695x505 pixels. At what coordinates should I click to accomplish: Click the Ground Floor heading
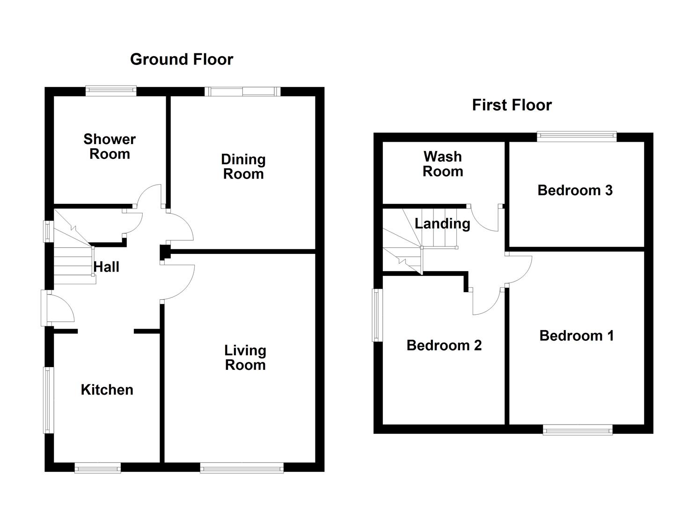tap(182, 59)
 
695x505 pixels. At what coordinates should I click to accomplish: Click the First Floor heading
tap(512, 105)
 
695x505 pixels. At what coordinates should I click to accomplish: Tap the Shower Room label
tap(110, 146)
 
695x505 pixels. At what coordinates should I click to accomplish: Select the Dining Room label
tap(243, 166)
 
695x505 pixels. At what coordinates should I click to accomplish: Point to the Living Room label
tap(245, 357)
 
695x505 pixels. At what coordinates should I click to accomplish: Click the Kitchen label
tap(107, 390)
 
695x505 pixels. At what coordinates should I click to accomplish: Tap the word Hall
tap(106, 267)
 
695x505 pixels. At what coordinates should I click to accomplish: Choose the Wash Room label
tap(443, 164)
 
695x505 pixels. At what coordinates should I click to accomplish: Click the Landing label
tap(442, 224)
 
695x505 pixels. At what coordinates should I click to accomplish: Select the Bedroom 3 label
tap(575, 190)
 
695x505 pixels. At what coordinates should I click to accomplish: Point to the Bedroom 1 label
tap(576, 336)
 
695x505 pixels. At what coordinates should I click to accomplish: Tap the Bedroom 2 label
tap(444, 346)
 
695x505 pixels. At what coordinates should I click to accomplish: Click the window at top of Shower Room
tap(111, 91)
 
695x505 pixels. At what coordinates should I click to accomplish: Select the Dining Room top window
tap(242, 91)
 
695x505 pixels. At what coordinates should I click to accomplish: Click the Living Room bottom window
tap(241, 467)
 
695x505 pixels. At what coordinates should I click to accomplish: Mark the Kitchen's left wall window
tap(48, 400)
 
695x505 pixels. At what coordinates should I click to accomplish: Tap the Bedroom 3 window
tap(577, 136)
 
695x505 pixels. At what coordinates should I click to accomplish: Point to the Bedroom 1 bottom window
tap(578, 430)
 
